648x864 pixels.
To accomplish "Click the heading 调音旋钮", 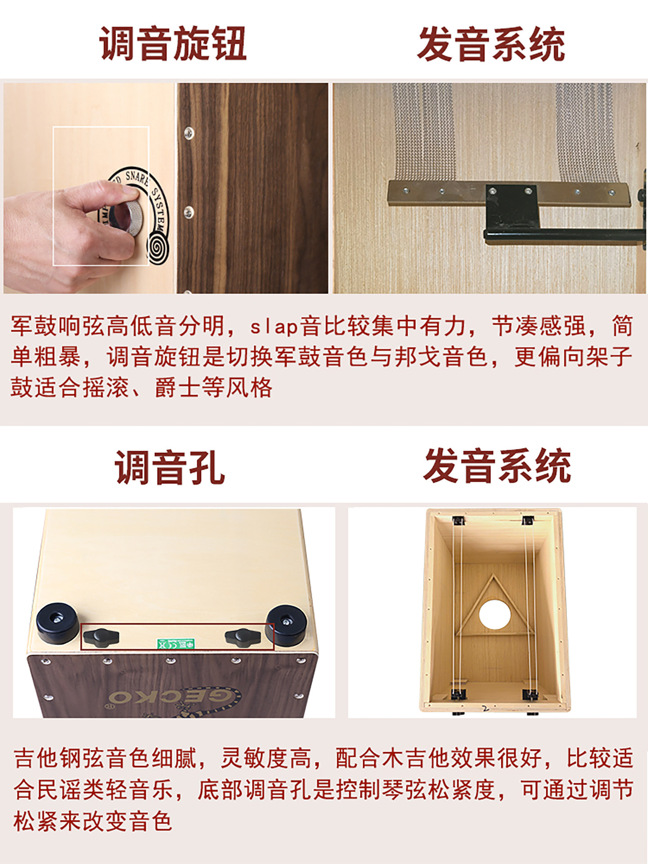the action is coord(173,43).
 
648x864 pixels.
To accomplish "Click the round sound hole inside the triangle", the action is coord(495,614).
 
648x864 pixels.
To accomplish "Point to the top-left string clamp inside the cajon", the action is coord(459,521).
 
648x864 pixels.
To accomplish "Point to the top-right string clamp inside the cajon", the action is coord(528,521).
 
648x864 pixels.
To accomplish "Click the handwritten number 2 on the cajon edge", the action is coord(485,708).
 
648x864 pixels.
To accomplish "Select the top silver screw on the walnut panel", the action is coord(189,132).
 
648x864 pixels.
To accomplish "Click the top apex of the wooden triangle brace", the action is coord(494,575).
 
